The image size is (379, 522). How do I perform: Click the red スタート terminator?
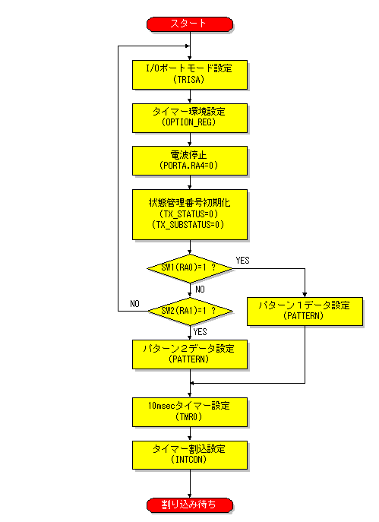[190, 24]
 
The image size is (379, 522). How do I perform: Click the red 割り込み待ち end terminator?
[190, 505]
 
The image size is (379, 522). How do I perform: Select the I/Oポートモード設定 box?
[190, 74]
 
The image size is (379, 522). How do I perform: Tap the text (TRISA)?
[188, 80]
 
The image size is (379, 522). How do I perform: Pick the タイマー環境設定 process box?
[190, 119]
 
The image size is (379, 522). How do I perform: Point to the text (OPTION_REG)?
[188, 122]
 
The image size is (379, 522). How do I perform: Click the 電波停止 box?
[190, 160]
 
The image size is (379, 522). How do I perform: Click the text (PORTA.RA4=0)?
[188, 166]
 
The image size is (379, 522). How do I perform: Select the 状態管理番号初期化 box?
[190, 214]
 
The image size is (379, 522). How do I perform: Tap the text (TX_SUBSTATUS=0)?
[188, 225]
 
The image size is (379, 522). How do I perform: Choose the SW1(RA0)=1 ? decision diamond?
[190, 268]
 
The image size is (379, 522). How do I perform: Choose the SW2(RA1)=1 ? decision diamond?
[190, 312]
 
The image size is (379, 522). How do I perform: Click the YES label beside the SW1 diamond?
[242, 261]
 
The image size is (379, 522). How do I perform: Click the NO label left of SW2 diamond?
[134, 304]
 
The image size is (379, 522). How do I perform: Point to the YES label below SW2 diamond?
[200, 332]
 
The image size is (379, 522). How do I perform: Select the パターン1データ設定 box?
[305, 312]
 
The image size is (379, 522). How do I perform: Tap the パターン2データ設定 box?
[190, 354]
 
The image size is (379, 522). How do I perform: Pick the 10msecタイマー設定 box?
[190, 412]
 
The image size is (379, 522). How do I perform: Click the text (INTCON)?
[188, 460]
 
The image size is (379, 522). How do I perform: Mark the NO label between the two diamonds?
[200, 289]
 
